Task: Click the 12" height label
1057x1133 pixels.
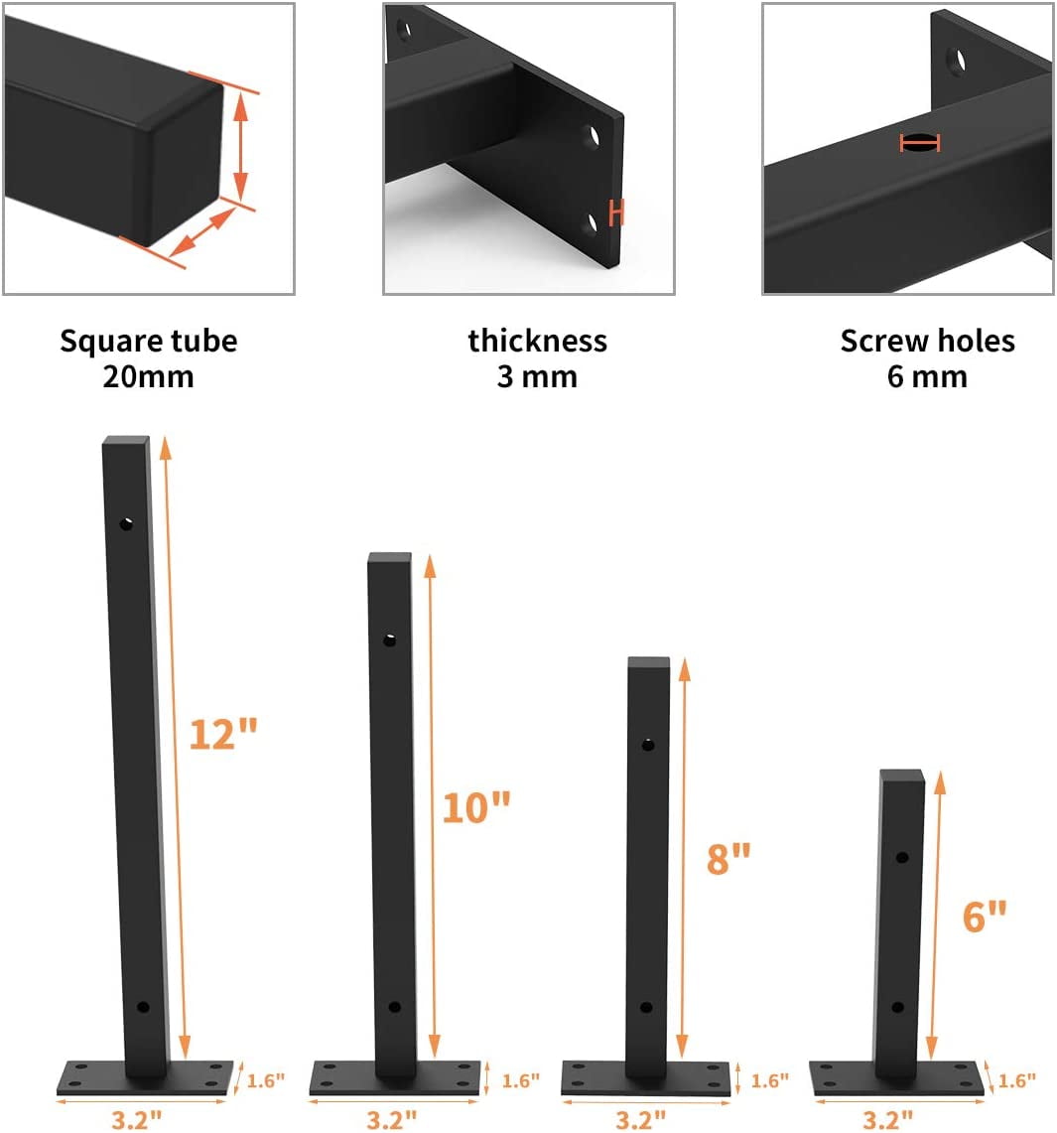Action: click(x=222, y=734)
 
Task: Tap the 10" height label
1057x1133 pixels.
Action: click(x=475, y=807)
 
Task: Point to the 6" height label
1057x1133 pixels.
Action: click(x=985, y=916)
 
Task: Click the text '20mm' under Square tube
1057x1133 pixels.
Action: click(x=148, y=377)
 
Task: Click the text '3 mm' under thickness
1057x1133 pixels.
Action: click(x=537, y=377)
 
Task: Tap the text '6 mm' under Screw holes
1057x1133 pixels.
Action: click(x=927, y=377)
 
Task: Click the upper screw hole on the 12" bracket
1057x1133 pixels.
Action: click(x=127, y=522)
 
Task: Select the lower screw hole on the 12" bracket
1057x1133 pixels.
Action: click(x=142, y=1007)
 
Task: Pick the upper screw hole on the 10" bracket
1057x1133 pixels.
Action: click(x=390, y=640)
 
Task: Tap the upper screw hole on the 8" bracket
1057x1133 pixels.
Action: click(x=648, y=744)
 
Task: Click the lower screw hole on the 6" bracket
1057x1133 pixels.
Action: click(x=897, y=1007)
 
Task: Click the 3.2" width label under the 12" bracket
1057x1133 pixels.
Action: click(x=137, y=1120)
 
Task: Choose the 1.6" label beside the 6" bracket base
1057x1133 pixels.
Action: click(x=1018, y=1079)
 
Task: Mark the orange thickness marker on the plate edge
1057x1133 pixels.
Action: click(x=616, y=212)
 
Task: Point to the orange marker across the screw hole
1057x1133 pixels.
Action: click(x=919, y=143)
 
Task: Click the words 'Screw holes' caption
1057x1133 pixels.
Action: click(x=927, y=342)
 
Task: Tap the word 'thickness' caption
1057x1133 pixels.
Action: click(x=537, y=342)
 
